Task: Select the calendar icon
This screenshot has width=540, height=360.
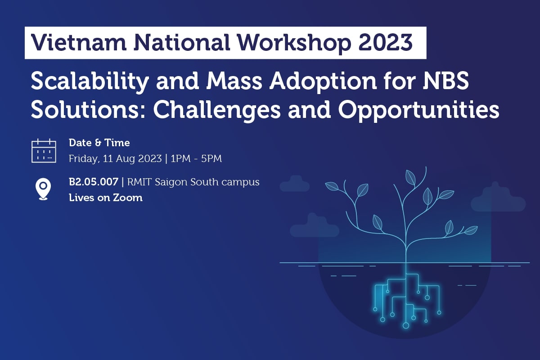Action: click(x=44, y=151)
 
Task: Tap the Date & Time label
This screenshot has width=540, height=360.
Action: click(x=99, y=143)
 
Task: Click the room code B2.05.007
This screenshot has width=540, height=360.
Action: click(x=94, y=182)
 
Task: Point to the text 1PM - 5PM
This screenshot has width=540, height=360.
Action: click(x=196, y=158)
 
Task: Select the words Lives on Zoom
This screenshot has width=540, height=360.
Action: click(x=105, y=198)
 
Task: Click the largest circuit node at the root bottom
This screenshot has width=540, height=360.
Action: click(x=405, y=325)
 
